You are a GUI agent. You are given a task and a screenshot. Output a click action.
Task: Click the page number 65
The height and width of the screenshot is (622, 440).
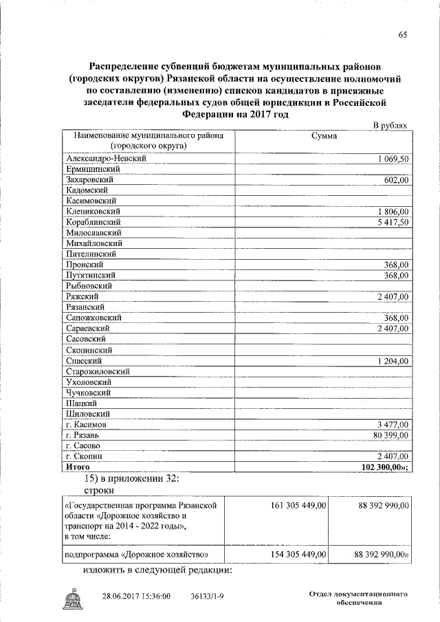click(402, 35)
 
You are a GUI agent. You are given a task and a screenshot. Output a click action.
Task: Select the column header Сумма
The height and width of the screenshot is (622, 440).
click(323, 136)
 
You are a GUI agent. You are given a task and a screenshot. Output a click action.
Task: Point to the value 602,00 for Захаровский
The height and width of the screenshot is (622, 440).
click(397, 179)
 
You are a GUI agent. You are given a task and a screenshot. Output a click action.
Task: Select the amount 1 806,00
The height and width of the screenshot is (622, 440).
click(393, 212)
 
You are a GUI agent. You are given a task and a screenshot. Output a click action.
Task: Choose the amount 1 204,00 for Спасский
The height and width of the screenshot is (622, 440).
click(393, 361)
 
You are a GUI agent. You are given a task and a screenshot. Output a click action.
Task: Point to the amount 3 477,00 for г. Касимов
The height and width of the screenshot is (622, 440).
click(393, 425)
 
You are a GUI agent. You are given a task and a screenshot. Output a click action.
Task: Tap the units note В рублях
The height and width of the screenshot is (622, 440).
click(390, 126)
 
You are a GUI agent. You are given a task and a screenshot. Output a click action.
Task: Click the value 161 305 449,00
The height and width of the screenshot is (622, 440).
click(298, 505)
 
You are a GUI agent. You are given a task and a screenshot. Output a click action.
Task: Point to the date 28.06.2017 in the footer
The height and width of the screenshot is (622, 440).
click(124, 597)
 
